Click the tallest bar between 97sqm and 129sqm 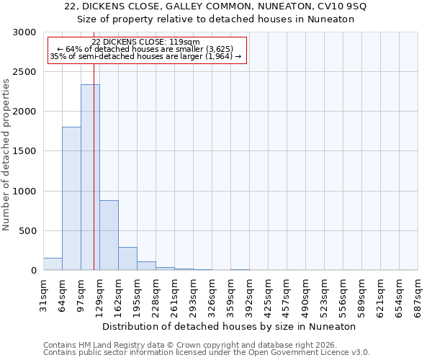click(x=90, y=177)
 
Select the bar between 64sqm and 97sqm click(x=71, y=198)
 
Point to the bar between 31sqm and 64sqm click(x=53, y=264)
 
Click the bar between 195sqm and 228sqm click(x=146, y=266)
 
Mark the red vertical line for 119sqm click(x=94, y=180)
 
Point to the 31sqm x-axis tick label click(x=43, y=294)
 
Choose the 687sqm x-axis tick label click(x=418, y=294)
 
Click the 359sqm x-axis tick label click(x=230, y=294)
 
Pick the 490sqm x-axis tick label click(x=305, y=294)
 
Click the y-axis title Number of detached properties click(x=6, y=156)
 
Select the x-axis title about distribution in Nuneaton click(x=230, y=326)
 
